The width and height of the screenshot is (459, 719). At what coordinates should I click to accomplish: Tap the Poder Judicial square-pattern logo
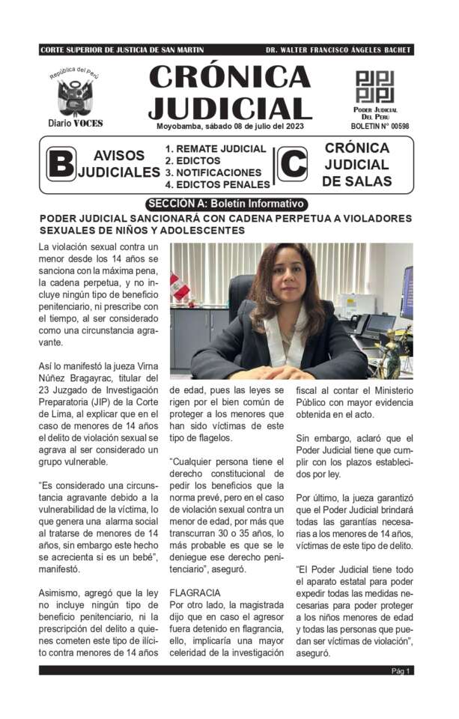(x=374, y=86)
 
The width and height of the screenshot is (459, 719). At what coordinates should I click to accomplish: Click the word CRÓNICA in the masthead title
(x=229, y=76)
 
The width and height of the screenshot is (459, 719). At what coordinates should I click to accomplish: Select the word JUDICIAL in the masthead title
(x=229, y=106)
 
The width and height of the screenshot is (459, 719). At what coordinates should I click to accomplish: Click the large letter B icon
(x=61, y=165)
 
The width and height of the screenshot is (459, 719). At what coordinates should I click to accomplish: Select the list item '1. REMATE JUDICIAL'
(x=216, y=149)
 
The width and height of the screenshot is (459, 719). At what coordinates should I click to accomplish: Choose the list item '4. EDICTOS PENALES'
(x=217, y=184)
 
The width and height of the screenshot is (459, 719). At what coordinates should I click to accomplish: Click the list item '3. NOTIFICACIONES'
(x=213, y=172)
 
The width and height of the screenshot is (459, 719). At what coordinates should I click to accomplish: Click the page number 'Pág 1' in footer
(x=401, y=671)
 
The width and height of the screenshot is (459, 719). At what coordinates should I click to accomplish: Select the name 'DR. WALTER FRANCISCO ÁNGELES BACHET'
(x=338, y=50)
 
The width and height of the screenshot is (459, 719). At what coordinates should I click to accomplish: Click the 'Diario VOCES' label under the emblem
(x=75, y=123)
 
